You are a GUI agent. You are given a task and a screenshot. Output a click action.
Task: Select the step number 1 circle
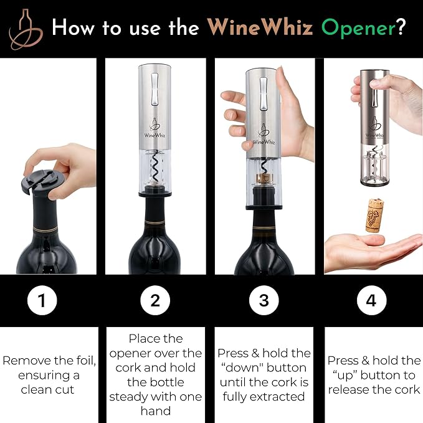tap(42, 302)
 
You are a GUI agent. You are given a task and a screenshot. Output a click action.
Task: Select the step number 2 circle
tap(155, 302)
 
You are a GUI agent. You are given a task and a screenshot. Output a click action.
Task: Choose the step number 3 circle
tap(264, 302)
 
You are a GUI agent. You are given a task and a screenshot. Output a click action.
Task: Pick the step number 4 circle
tap(371, 302)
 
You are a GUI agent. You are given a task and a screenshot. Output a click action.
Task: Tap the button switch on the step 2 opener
tap(155, 90)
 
